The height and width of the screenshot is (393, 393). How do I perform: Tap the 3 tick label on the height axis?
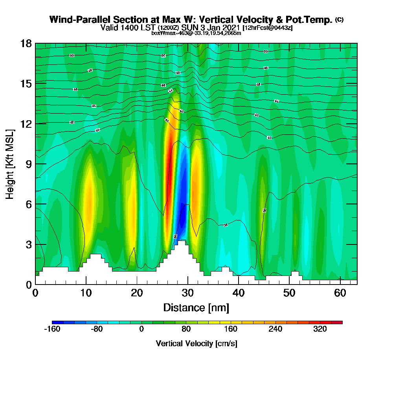(x=28, y=244)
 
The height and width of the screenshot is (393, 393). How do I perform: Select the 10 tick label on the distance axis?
(x=86, y=293)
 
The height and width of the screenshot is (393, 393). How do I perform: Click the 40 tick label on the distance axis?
(x=238, y=293)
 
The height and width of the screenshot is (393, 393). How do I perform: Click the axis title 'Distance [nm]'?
(x=196, y=307)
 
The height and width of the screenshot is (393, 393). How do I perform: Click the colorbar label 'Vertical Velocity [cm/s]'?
(x=196, y=343)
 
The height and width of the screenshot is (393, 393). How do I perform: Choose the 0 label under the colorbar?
(x=141, y=329)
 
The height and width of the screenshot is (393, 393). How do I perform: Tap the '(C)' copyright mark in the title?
(x=339, y=20)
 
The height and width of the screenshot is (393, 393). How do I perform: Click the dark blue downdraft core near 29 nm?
(x=182, y=212)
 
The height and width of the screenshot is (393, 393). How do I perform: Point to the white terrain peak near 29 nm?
(x=180, y=252)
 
